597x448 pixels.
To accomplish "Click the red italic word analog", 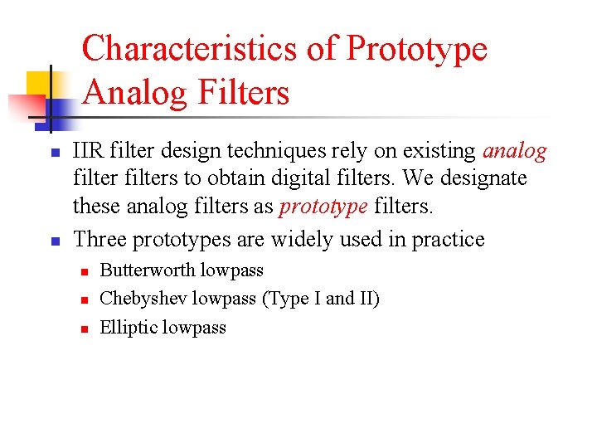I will click(514, 151).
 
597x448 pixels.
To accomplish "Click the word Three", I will click(100, 240).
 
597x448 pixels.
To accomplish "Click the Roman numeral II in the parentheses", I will click(366, 299).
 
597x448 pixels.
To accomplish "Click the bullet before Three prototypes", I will click(51, 241).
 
